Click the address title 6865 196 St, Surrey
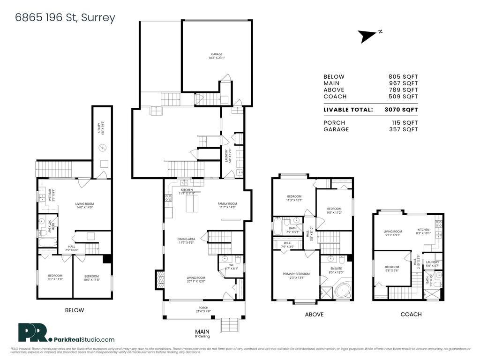click(65, 18)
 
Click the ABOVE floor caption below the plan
click(314, 315)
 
